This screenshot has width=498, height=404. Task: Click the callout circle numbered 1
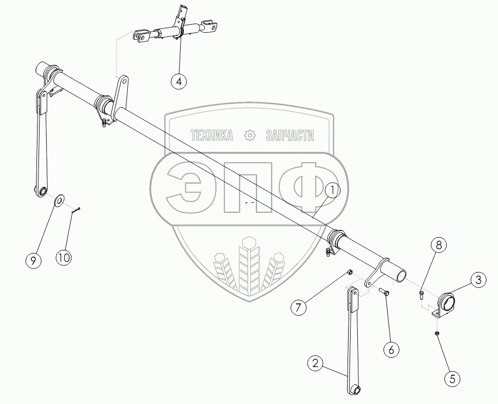point(332,191)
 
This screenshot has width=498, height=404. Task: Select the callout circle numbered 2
point(316,364)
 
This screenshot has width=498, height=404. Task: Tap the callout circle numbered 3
point(478,280)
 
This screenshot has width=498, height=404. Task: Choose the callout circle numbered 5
point(452,379)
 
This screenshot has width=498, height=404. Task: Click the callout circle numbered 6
point(391,349)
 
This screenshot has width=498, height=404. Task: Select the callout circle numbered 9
point(33,261)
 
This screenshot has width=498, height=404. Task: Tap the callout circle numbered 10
point(64,258)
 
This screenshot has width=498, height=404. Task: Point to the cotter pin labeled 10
point(76,210)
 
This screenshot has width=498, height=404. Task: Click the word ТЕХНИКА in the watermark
point(212,136)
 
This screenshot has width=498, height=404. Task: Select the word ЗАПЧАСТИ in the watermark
point(290,136)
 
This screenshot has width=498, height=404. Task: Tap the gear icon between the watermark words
point(250,136)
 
